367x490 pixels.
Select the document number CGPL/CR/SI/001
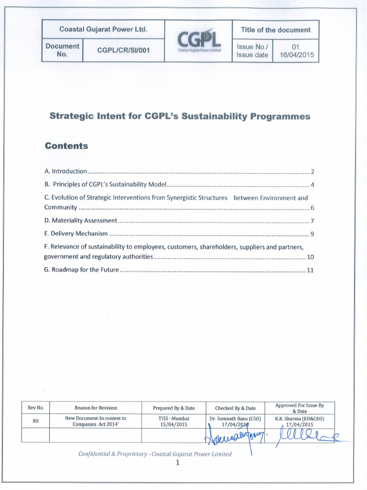[x=123, y=50]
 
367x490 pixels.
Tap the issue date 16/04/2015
[x=296, y=55]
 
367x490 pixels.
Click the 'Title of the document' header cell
[x=275, y=30]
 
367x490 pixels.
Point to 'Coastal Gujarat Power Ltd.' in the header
[x=103, y=30]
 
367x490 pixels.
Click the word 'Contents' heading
[x=66, y=146]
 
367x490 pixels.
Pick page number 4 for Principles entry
[x=312, y=184]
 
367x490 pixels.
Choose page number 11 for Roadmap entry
[x=310, y=270]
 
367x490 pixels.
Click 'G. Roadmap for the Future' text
[x=81, y=270]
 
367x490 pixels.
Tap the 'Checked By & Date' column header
[x=235, y=408]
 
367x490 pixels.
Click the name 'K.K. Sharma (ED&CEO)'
[x=300, y=418]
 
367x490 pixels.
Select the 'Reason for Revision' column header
[x=96, y=408]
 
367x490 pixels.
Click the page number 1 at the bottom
[x=177, y=463]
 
